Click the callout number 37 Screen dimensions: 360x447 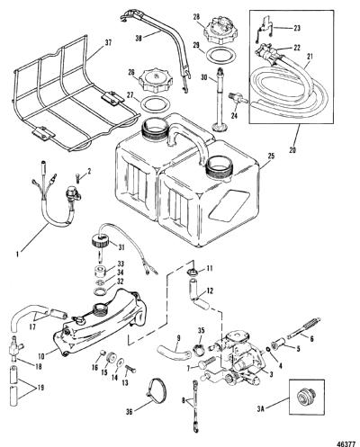pos(108,43)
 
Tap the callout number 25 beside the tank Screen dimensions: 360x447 pos(272,156)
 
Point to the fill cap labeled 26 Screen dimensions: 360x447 pos(155,80)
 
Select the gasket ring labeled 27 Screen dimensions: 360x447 pos(156,103)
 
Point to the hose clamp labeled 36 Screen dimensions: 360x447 pos(157,391)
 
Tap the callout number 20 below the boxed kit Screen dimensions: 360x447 pos(292,149)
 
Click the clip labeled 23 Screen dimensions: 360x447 pos(265,29)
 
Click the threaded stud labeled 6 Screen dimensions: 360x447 pos(303,328)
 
